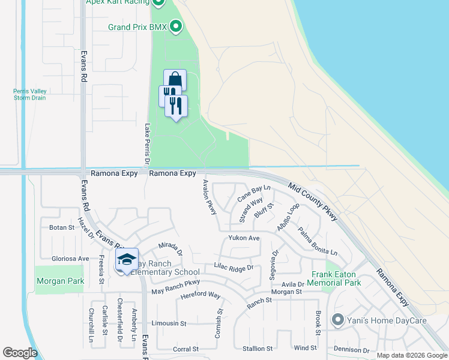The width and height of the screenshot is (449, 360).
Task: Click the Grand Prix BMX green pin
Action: [x=176, y=26]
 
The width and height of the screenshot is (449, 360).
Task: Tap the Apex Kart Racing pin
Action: [x=158, y=3]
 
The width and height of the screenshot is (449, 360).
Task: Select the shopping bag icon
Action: [x=175, y=80]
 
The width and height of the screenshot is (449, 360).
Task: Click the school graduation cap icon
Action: [x=127, y=259]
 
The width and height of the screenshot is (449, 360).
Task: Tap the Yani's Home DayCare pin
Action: [x=337, y=320]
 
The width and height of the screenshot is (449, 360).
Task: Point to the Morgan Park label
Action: [x=60, y=281]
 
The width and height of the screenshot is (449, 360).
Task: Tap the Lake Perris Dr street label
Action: [x=147, y=145]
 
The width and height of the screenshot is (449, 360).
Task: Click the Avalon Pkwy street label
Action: [x=209, y=197]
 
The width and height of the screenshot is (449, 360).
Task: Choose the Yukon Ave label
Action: [x=243, y=238]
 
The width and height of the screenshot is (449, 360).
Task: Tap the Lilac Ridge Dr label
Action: [x=234, y=268]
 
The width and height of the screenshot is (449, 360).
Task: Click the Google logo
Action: [x=20, y=353]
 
